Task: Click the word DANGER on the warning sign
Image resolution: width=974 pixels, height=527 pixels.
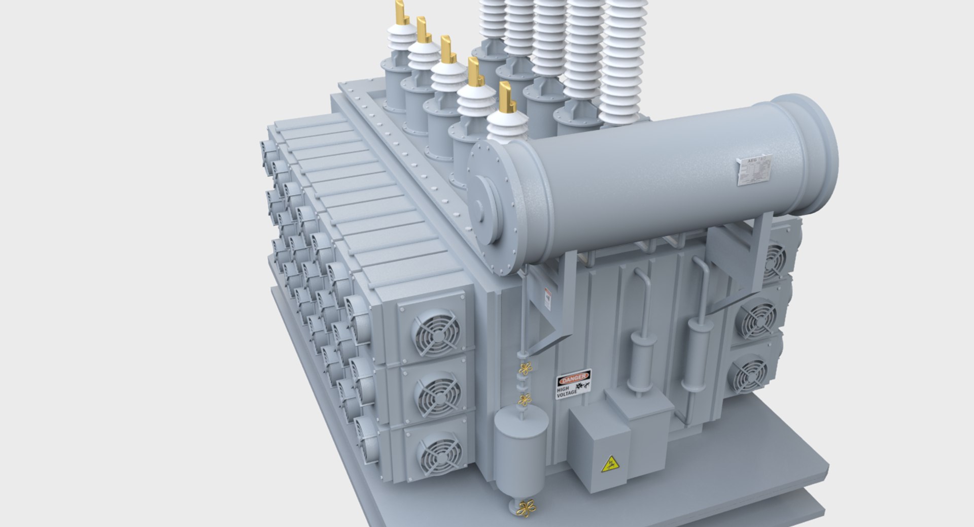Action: pos(573,377)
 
